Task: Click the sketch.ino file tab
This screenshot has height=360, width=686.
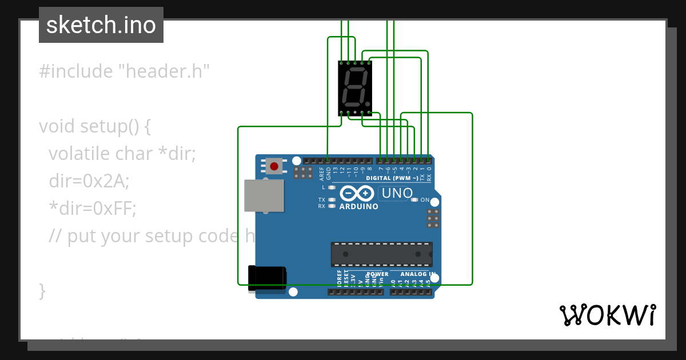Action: point(101,25)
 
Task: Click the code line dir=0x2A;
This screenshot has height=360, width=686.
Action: point(89,181)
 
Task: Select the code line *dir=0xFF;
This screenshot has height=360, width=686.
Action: point(93,209)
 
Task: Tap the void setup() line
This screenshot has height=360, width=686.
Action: point(94,126)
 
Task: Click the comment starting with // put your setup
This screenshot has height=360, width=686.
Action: point(143,236)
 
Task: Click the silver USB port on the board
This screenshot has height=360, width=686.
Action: point(264,196)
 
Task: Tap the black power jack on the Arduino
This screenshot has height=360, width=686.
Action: point(267,278)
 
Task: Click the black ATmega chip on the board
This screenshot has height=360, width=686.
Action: point(381,254)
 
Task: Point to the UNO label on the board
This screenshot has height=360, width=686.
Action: point(397,193)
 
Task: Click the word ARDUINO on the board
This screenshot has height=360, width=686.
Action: point(359,206)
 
